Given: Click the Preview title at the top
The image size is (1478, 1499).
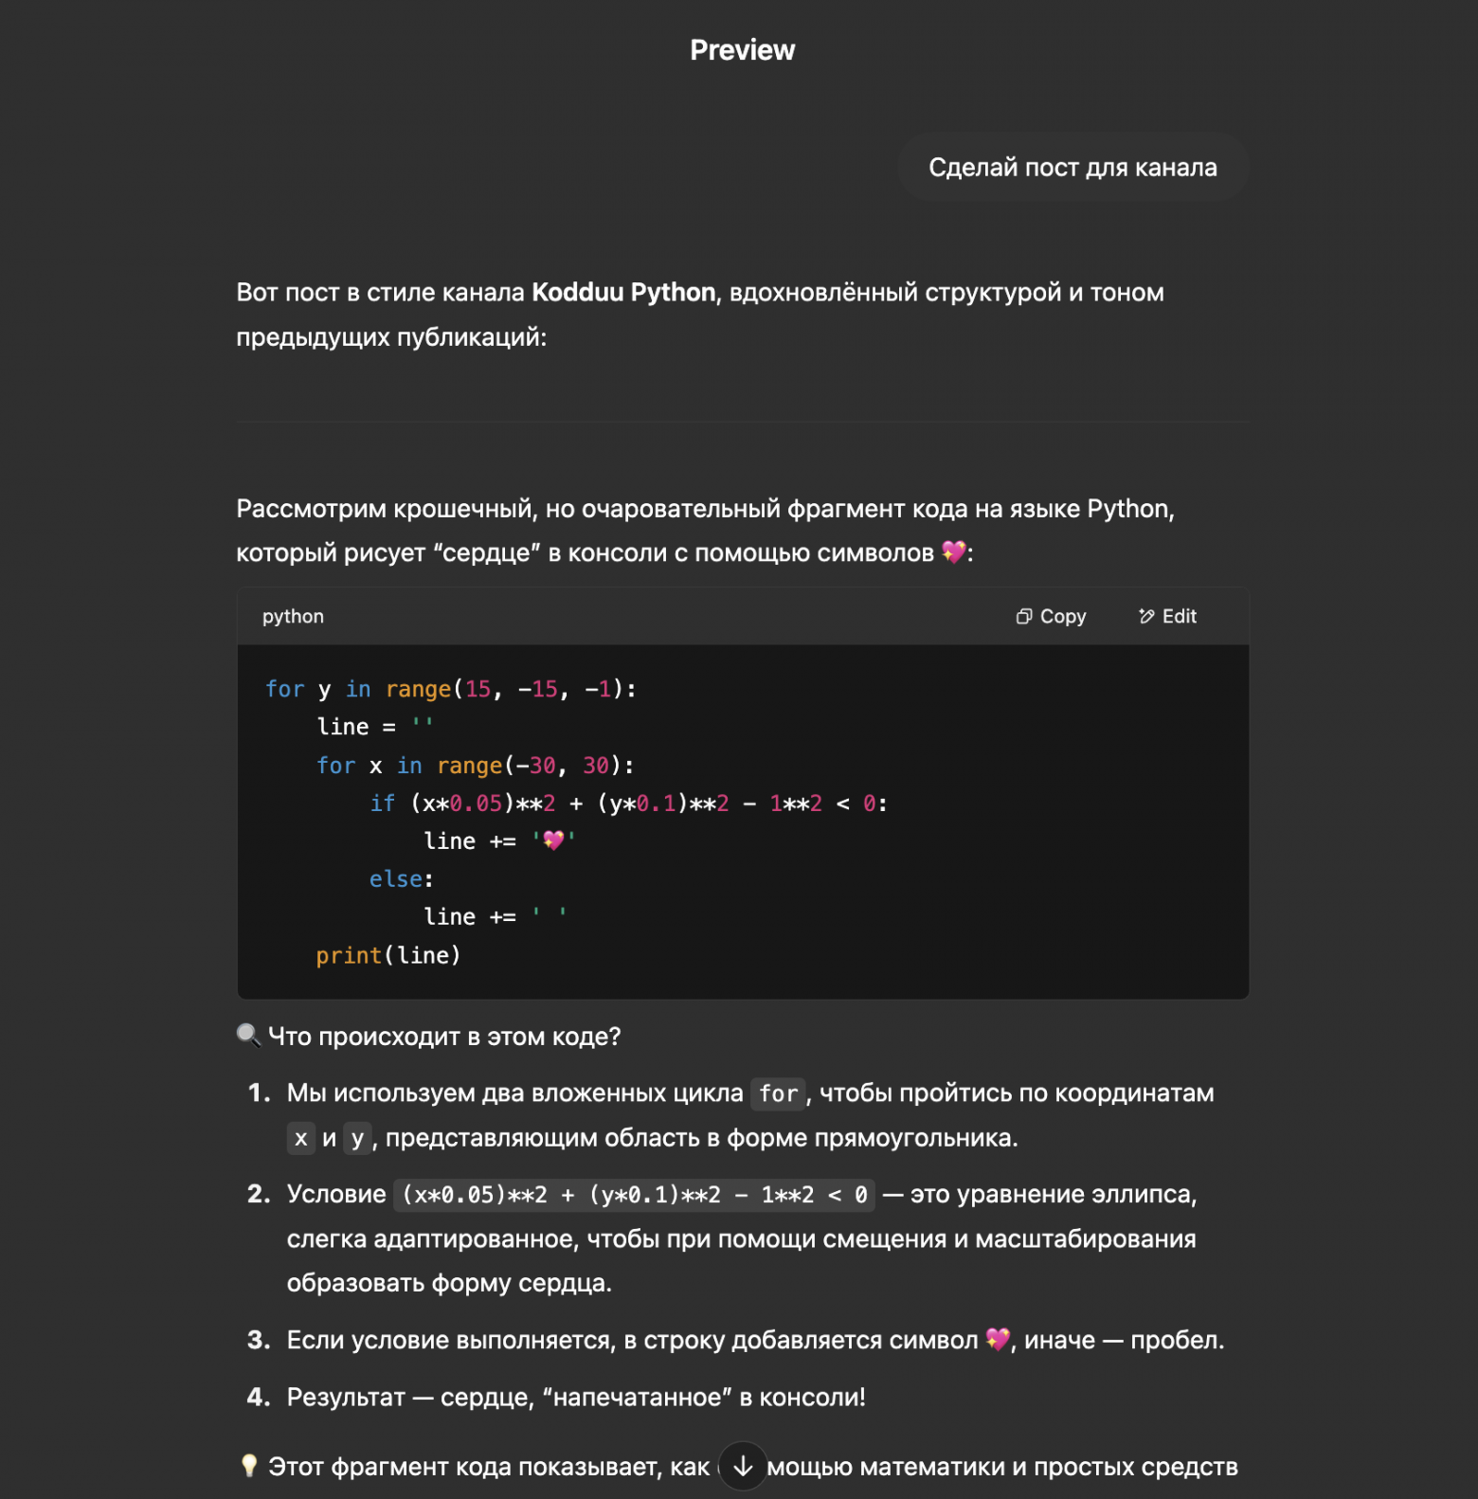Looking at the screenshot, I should coord(742,50).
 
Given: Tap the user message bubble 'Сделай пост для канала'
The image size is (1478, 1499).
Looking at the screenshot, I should coord(1072,168).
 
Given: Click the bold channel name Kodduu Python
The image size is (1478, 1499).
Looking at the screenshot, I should coord(623,293).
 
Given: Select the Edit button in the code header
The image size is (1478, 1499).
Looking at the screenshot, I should coord(1167,617).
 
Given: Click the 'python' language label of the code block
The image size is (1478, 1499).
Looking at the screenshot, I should coord(293,617).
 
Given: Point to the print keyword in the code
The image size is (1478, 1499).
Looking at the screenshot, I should coord(349,955).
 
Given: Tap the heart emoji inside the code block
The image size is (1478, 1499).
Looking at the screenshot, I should coord(553,840).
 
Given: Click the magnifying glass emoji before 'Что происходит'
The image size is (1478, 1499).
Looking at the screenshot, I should coord(248,1036).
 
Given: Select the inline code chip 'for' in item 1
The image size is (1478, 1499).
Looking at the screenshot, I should coord(778,1093).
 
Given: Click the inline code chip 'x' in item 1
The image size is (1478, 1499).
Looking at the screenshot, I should coord(300,1138).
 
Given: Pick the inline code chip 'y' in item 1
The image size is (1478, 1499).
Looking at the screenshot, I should coord(357,1138).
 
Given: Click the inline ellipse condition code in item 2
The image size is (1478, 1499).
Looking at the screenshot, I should coord(634,1195).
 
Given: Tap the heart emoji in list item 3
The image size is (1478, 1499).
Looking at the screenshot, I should coord(997,1340).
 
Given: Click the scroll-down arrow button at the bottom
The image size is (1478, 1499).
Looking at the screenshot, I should coord(743,1466).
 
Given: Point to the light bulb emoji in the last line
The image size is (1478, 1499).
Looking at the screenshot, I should coord(249,1466).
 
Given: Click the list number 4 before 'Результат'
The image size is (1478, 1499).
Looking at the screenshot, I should coord(259,1397).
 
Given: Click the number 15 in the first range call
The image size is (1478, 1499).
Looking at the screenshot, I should coord(478,689).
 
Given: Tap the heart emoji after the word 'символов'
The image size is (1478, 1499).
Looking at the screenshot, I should coord(953,552).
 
